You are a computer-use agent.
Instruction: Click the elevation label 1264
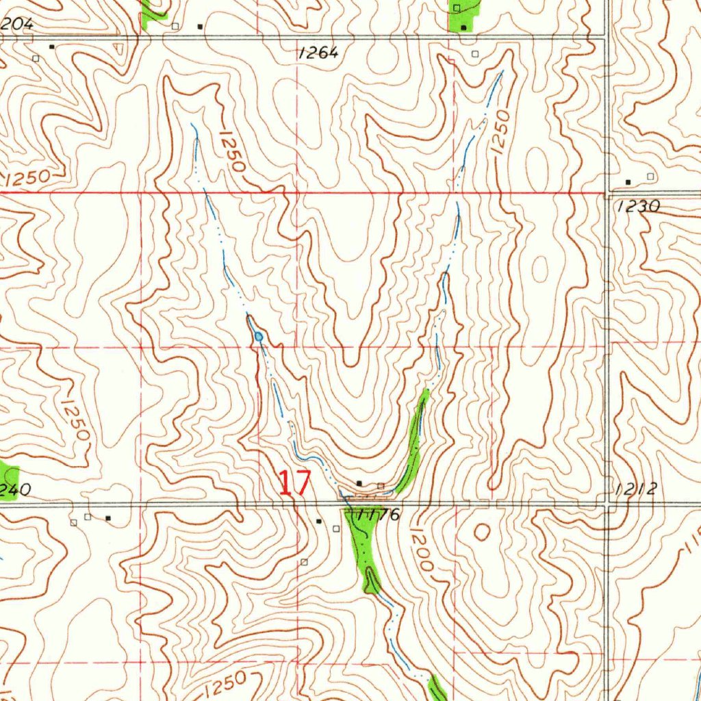click(x=318, y=53)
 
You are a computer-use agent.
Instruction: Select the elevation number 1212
click(x=636, y=489)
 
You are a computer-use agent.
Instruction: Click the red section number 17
click(x=294, y=483)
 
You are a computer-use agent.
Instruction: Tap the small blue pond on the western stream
click(x=258, y=337)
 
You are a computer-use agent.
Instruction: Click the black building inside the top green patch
click(x=463, y=27)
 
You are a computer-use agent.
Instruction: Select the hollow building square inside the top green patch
click(x=457, y=8)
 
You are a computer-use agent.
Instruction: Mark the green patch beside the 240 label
click(x=8, y=482)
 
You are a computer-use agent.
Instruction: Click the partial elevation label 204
click(x=16, y=24)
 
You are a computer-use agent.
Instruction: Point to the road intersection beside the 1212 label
click(x=608, y=505)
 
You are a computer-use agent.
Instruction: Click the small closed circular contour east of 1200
click(x=482, y=532)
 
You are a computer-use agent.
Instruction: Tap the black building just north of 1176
click(x=359, y=483)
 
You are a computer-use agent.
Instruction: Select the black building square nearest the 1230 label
click(x=628, y=182)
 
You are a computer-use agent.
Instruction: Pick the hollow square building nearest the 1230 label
click(x=650, y=177)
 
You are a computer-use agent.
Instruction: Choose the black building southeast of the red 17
click(x=318, y=522)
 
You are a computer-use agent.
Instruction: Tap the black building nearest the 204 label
click(x=51, y=47)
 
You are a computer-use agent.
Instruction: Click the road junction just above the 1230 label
click(x=608, y=192)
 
